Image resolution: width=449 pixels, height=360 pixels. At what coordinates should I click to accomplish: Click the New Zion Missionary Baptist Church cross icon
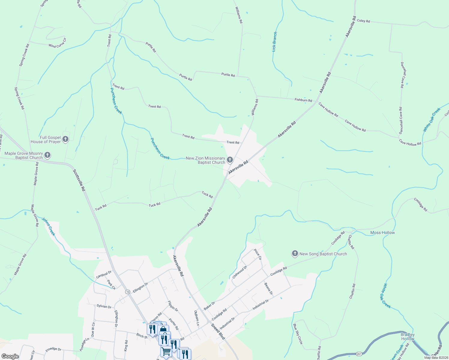[230, 160]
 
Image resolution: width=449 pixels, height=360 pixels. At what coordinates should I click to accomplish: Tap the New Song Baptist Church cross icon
[295, 254]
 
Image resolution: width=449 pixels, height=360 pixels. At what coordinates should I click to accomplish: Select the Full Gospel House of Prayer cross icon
[65, 139]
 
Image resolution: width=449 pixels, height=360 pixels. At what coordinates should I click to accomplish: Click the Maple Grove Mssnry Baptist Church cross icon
[47, 155]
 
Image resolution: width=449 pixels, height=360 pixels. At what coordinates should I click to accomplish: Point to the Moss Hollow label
[382, 232]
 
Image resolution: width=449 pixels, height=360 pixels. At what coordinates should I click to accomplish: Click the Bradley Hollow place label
[408, 337]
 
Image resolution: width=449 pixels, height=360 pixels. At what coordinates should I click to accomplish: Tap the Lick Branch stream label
[275, 42]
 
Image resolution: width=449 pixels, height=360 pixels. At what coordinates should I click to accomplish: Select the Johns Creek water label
[49, 227]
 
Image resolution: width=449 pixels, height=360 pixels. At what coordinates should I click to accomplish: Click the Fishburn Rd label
[303, 100]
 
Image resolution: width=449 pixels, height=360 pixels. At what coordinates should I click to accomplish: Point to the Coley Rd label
[363, 21]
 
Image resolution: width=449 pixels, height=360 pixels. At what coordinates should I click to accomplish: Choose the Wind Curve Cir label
[57, 43]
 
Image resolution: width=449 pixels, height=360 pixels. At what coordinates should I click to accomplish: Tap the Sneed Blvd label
[218, 331]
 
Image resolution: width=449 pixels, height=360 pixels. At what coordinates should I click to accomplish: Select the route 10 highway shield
[128, 292]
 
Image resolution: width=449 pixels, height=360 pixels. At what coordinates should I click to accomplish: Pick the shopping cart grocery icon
[166, 351]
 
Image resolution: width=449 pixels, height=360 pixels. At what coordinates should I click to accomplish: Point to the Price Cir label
[258, 254]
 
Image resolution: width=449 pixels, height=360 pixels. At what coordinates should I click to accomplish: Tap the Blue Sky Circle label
[298, 334]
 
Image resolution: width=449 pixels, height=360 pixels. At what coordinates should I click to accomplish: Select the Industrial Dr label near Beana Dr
[261, 305]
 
